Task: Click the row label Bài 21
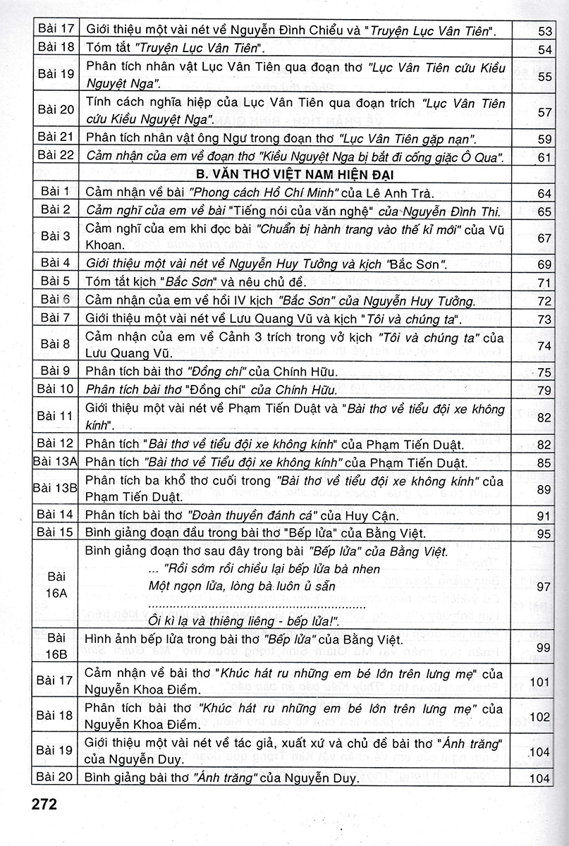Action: (56, 138)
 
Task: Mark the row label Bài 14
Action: (56, 516)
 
